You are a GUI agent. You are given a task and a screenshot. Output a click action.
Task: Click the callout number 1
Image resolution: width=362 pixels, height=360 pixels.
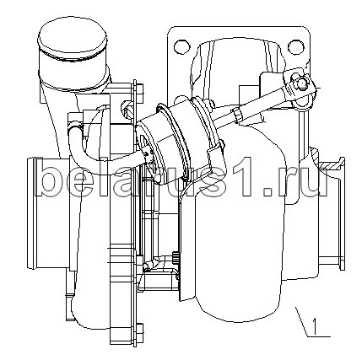315,326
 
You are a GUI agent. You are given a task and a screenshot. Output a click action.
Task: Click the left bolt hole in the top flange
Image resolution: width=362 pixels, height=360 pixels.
181,46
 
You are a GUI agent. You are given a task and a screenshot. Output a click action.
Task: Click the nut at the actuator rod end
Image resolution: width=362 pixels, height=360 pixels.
300,82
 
